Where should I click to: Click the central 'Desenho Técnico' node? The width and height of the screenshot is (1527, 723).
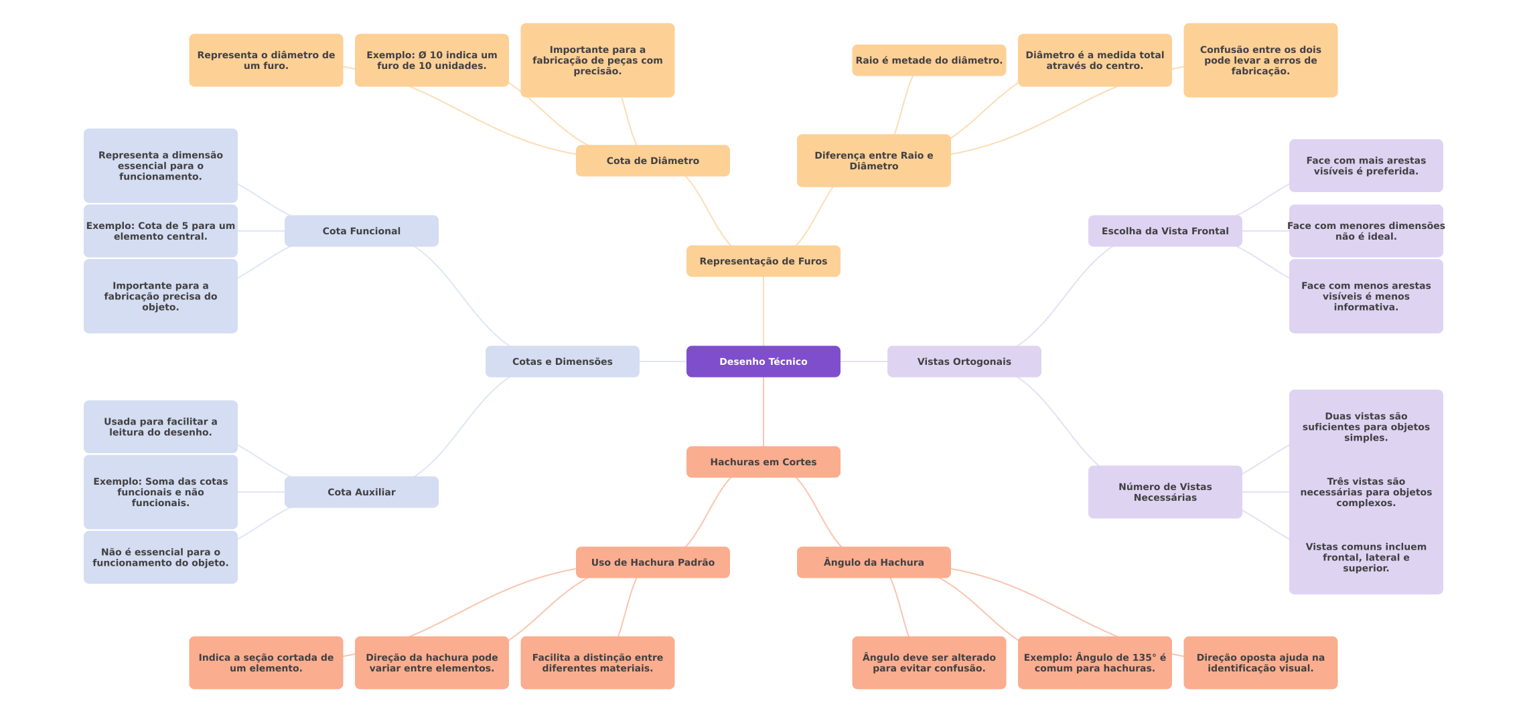tap(763, 361)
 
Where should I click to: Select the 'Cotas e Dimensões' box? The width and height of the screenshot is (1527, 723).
tap(562, 361)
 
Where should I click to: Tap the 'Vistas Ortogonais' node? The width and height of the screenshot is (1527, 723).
tap(964, 361)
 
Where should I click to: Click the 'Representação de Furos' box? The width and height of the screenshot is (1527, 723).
tap(763, 261)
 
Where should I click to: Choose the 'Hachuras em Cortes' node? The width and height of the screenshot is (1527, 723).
tap(763, 462)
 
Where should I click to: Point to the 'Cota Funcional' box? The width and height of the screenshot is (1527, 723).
tap(361, 231)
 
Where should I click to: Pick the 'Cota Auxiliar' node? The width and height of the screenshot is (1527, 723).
tap(361, 492)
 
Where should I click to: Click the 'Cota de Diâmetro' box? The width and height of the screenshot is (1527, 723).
tap(652, 161)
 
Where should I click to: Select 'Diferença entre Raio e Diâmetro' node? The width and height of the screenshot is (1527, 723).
tap(873, 161)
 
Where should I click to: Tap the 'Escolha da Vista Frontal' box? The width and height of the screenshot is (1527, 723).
tap(1165, 231)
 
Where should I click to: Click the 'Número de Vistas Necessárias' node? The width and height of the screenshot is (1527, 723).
tap(1165, 492)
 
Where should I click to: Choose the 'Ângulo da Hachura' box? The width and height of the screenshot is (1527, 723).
tap(873, 562)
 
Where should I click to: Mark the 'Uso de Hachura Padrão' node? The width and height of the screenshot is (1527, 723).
tap(652, 562)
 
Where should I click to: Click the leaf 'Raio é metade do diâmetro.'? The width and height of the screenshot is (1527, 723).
tap(929, 60)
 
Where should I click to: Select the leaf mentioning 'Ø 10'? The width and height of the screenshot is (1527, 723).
tap(431, 60)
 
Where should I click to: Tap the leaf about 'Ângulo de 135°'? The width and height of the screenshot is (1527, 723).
tap(1094, 663)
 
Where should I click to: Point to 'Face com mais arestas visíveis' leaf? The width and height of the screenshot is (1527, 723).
tap(1366, 165)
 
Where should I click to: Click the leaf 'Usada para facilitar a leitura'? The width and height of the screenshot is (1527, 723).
tap(160, 426)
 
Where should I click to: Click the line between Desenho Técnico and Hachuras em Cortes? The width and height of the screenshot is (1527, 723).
tap(763, 412)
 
